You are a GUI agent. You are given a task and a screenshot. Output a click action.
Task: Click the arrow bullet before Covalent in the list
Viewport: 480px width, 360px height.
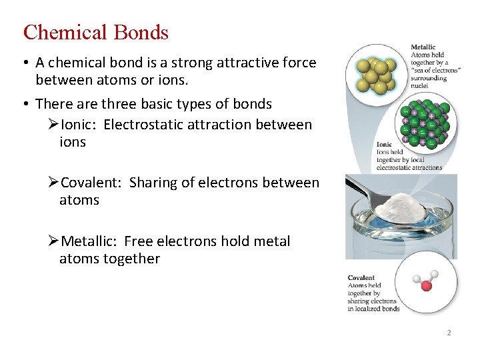click(x=54, y=183)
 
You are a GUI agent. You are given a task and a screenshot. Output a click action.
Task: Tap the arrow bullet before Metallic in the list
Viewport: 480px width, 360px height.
click(x=54, y=241)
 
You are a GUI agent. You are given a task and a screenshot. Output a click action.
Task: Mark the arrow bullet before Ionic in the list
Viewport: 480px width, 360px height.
click(x=54, y=125)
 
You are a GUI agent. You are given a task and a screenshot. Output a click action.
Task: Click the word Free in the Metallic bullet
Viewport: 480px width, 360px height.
click(x=139, y=241)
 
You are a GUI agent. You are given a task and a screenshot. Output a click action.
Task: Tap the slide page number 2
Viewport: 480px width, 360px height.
click(x=449, y=333)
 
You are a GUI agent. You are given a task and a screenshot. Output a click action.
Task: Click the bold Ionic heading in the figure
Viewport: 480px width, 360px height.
click(x=385, y=144)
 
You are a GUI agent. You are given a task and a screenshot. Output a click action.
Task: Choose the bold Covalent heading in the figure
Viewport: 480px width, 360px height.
click(x=361, y=278)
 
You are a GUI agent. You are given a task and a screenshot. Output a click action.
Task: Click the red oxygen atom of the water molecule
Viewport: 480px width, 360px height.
click(x=427, y=286)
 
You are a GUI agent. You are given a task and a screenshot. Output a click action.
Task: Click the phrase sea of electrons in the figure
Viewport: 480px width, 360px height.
click(x=434, y=70)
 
